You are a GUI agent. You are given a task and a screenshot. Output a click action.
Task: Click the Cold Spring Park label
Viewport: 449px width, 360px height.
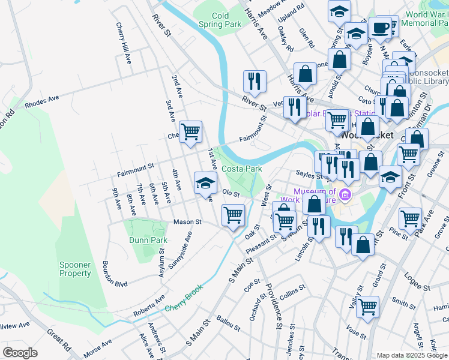(x=226, y=20)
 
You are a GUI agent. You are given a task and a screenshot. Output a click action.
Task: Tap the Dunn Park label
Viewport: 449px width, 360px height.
(x=148, y=240)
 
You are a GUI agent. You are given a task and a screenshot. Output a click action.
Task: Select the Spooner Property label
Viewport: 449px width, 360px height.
(x=75, y=269)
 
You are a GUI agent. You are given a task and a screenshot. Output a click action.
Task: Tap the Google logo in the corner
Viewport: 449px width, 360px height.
(x=20, y=353)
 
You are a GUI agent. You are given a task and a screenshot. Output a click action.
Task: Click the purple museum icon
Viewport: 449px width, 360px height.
(x=345, y=194)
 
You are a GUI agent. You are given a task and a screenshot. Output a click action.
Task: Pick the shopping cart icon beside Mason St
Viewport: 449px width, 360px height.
(x=233, y=214)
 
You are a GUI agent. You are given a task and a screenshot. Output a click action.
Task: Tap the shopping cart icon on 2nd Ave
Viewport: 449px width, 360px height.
(x=190, y=131)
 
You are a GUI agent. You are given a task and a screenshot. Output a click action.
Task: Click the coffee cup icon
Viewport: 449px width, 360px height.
(x=379, y=28)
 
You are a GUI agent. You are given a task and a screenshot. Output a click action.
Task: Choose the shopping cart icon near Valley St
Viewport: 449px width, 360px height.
(x=367, y=307)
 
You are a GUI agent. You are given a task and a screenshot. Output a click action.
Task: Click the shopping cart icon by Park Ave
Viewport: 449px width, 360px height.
(x=411, y=218)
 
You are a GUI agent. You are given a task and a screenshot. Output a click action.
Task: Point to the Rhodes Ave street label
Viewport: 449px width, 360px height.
(x=42, y=101)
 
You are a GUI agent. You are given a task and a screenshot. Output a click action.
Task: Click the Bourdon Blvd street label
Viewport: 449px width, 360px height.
(x=115, y=274)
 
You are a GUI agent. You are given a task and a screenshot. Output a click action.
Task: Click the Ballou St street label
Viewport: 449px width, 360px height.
(x=229, y=324)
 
